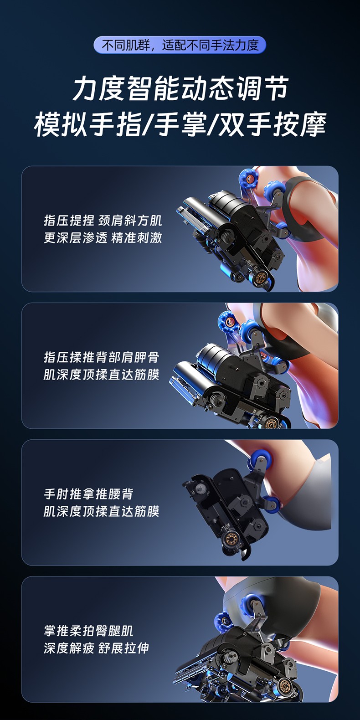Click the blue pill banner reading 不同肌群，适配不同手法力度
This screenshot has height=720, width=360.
click(x=180, y=45)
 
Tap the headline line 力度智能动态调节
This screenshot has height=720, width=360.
click(x=180, y=88)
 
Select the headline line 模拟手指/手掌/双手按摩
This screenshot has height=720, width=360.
click(x=180, y=124)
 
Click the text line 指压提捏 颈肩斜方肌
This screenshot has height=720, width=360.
click(x=103, y=221)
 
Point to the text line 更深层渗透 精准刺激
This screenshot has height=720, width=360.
click(x=103, y=238)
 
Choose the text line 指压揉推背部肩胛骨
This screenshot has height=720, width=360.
click(x=102, y=357)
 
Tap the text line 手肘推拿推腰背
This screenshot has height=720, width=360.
click(x=88, y=494)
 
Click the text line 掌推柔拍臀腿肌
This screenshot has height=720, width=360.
click(x=88, y=631)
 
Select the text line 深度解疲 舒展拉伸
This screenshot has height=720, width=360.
click(x=97, y=648)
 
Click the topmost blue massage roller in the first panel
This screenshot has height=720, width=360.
click(x=248, y=178)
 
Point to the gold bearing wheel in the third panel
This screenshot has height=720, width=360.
click(x=230, y=537)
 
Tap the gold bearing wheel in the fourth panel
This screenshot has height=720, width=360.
click(x=284, y=685)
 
